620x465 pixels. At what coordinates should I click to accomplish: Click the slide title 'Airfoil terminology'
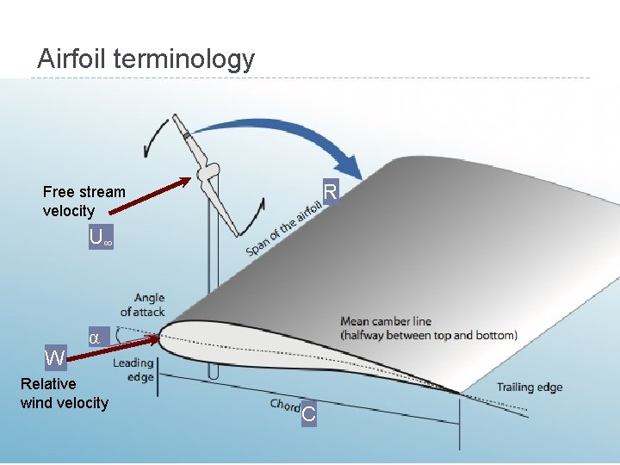pyautogui.click(x=146, y=59)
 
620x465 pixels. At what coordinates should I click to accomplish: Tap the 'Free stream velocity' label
pyautogui.click(x=84, y=201)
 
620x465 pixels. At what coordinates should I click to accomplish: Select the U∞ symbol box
pyautogui.click(x=101, y=239)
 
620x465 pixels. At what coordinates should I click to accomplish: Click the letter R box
pyautogui.click(x=330, y=192)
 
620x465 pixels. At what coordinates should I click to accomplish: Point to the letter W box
pyautogui.click(x=55, y=357)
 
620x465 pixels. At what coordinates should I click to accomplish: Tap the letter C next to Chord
pyautogui.click(x=309, y=415)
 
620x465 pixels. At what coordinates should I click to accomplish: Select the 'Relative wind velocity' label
pyautogui.click(x=64, y=394)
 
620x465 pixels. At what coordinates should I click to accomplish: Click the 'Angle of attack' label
pyautogui.click(x=143, y=305)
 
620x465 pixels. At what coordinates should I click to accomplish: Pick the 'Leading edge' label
pyautogui.click(x=133, y=369)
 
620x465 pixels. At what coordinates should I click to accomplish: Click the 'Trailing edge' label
pyautogui.click(x=529, y=387)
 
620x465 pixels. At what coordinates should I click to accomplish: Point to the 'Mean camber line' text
pyautogui.click(x=428, y=328)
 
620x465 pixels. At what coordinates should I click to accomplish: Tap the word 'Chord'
pyautogui.click(x=285, y=404)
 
